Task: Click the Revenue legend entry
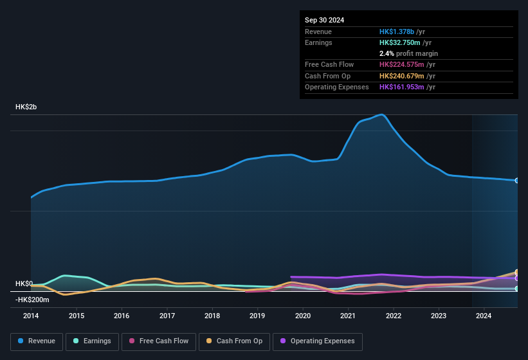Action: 35,341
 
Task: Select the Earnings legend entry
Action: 93,341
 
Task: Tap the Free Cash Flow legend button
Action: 159,341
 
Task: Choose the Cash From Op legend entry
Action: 234,341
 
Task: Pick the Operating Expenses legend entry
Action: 318,341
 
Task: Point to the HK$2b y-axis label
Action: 26,107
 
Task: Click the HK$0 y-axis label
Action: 24,283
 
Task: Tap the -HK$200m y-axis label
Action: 32,300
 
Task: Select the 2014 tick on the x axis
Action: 31,316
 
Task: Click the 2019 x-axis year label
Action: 257,316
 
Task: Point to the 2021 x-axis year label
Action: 348,316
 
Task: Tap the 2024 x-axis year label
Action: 484,316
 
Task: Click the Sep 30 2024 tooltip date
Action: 324,20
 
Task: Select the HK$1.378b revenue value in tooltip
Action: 397,32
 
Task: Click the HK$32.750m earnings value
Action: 402,42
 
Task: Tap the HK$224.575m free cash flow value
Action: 404,64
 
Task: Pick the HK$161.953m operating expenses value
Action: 404,87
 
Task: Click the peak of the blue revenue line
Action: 383,114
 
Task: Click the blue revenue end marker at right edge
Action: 517,181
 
